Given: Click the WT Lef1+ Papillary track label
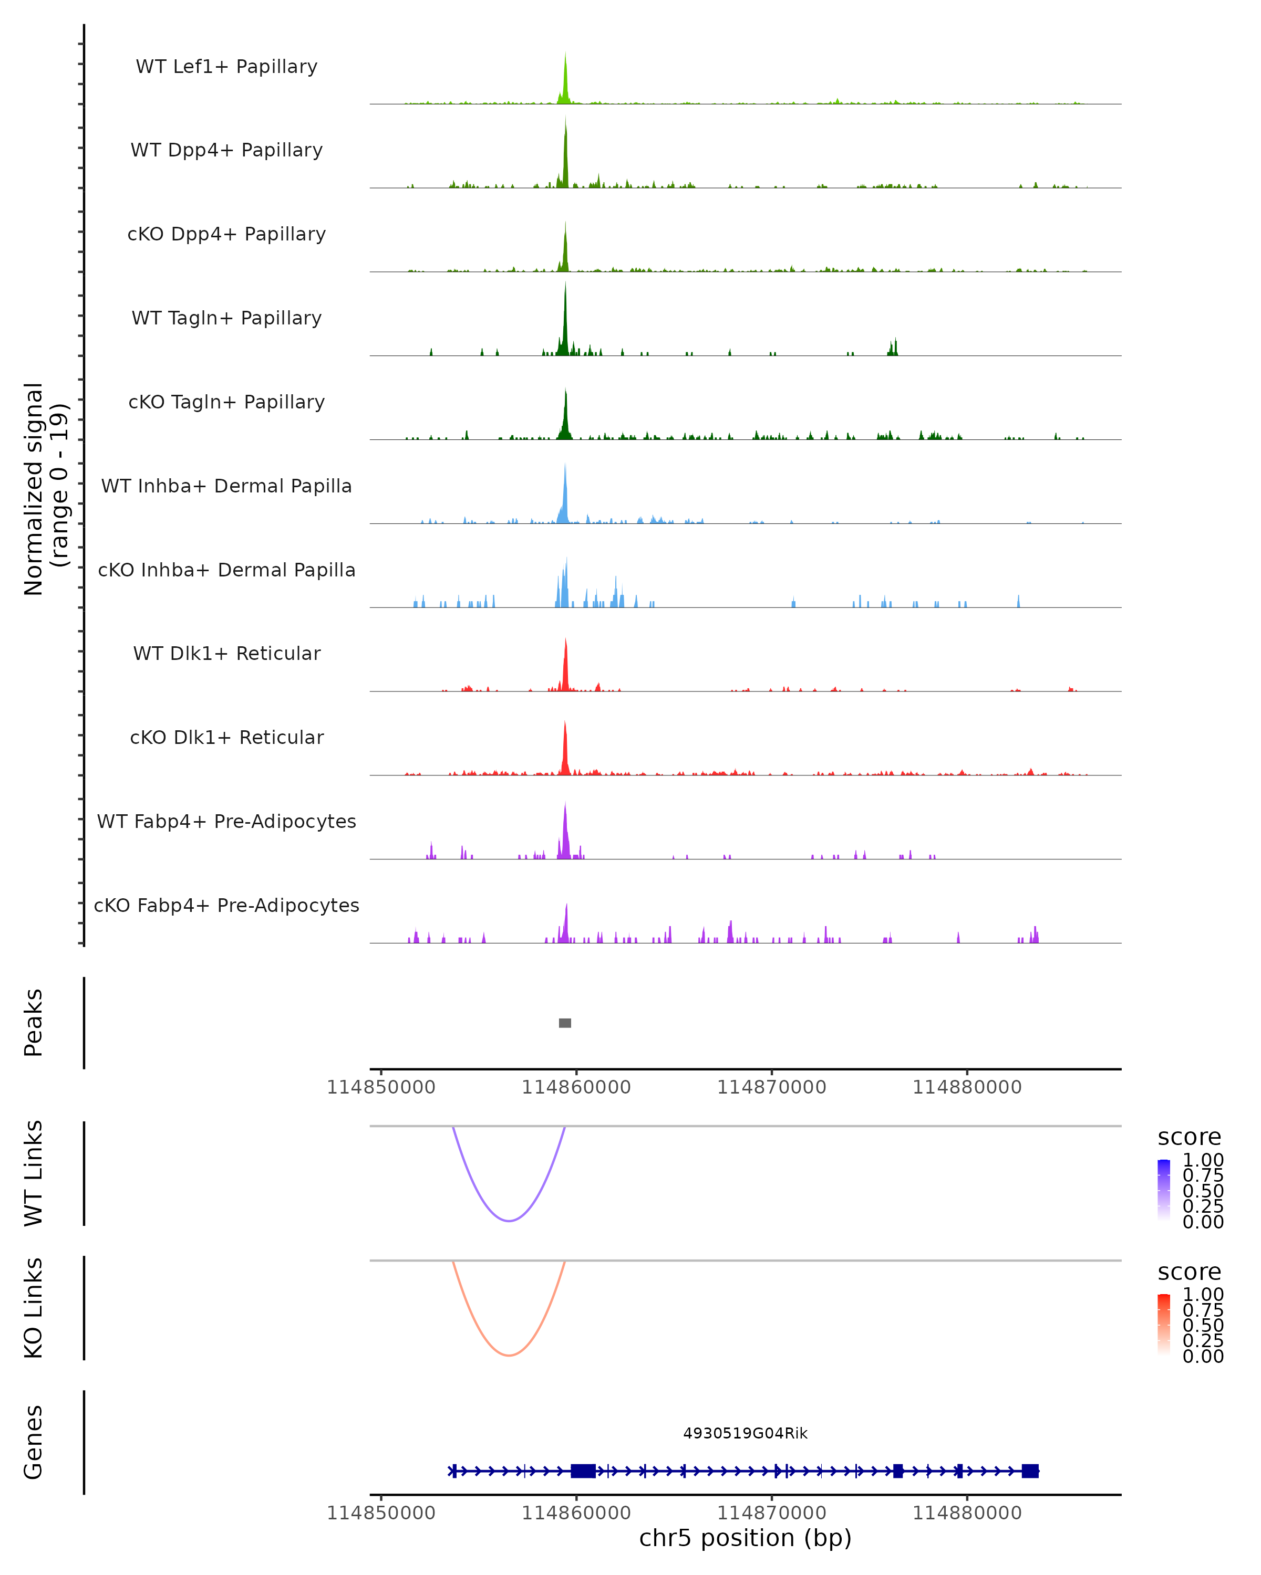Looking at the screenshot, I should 226,67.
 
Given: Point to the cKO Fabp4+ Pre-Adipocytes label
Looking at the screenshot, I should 226,905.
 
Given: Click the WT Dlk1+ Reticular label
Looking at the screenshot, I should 226,654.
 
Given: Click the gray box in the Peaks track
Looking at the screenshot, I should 565,1023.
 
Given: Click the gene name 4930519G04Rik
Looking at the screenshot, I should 745,1433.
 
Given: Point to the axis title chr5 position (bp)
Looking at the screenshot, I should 745,1538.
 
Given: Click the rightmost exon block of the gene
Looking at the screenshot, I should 1030,1471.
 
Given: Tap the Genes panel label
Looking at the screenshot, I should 34,1442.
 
